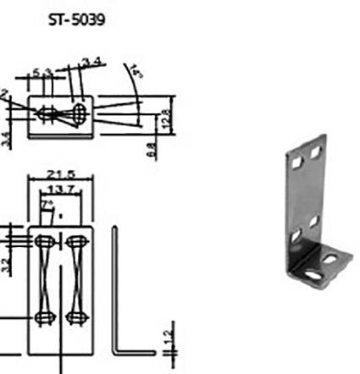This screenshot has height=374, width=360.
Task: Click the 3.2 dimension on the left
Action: (4, 265)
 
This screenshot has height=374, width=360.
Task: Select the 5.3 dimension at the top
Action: (43, 73)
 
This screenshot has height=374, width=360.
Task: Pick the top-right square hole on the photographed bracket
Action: (316, 153)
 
